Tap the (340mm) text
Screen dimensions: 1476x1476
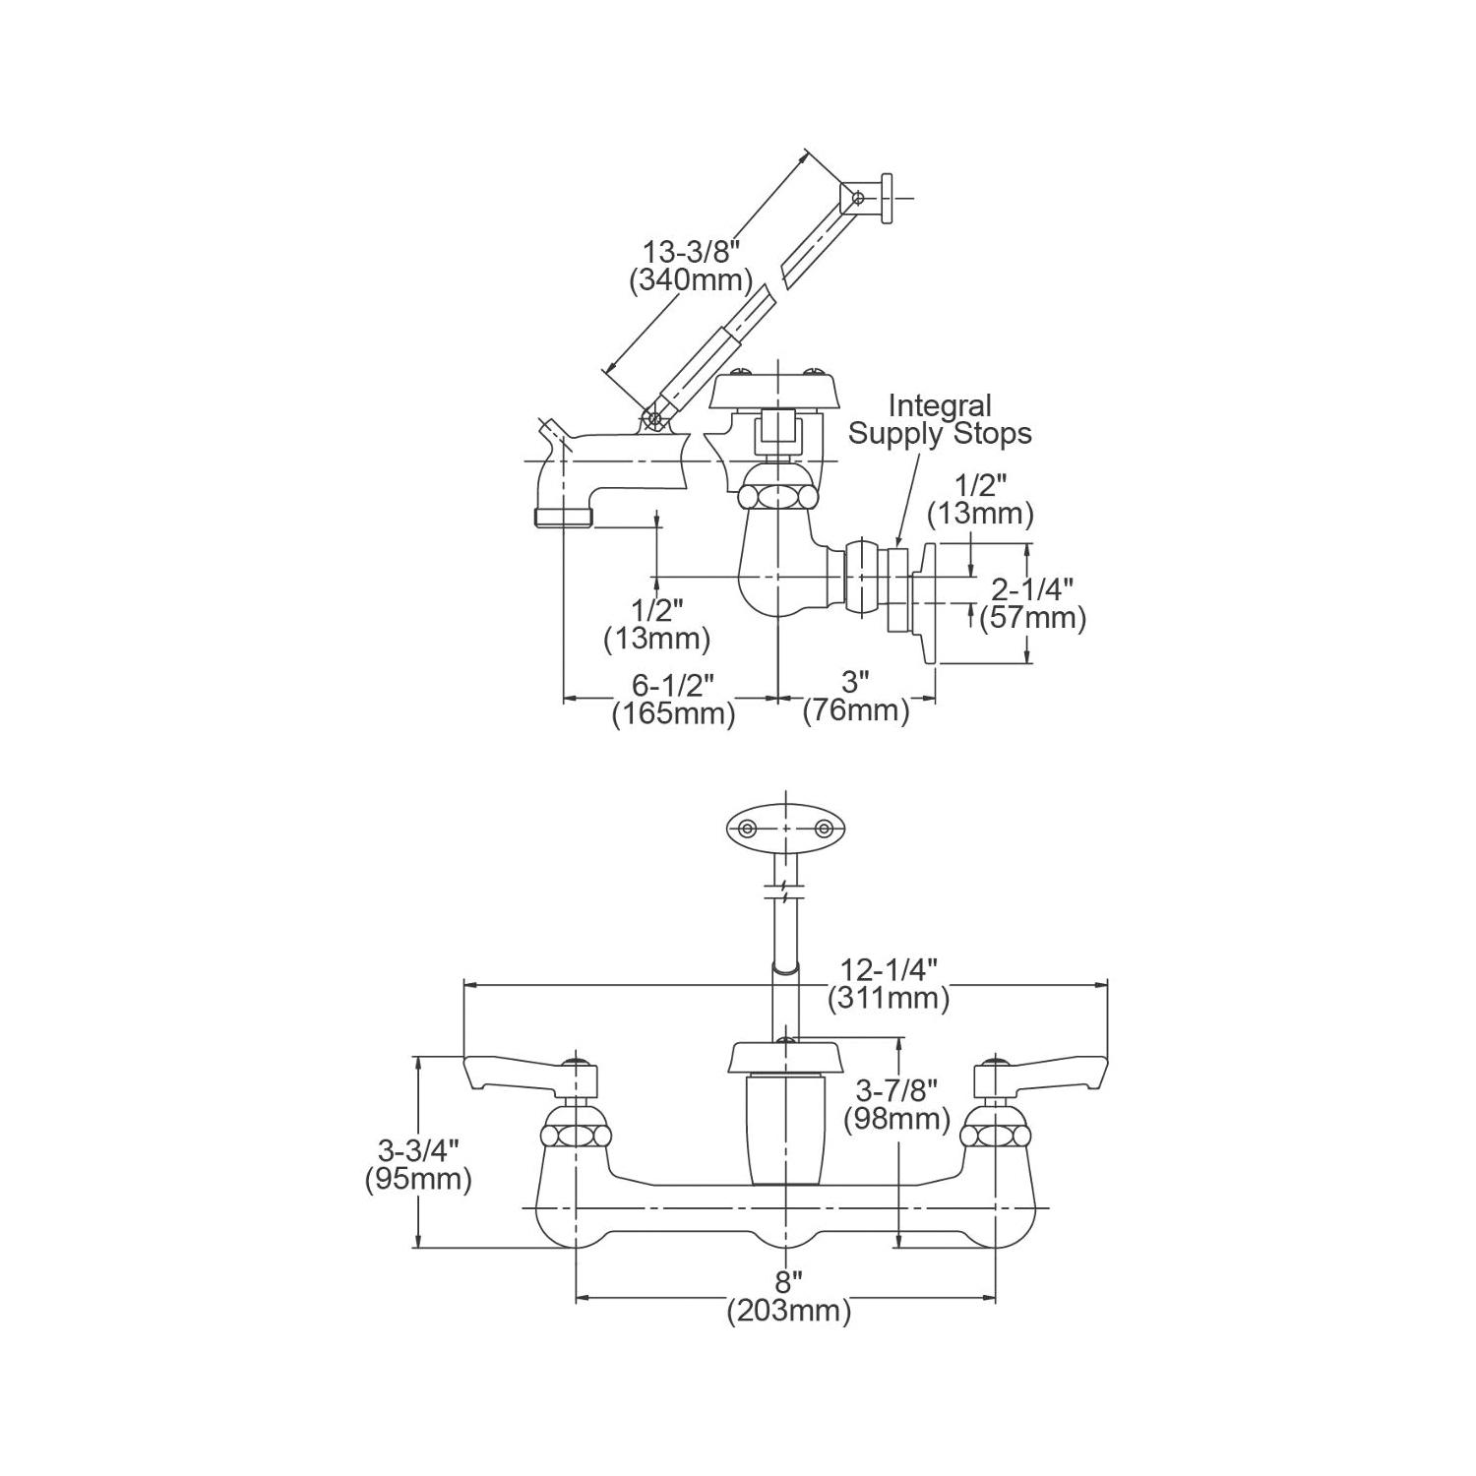point(690,280)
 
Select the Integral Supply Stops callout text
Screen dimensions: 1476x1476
point(940,419)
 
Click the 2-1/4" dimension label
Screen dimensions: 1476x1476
point(1031,589)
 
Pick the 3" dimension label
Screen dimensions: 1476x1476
point(856,682)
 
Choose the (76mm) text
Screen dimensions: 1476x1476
point(856,710)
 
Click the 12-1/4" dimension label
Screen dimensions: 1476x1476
point(889,969)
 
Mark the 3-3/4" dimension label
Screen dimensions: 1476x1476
point(419,1148)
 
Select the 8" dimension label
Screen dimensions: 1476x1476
point(787,1282)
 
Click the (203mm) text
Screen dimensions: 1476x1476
point(789,1311)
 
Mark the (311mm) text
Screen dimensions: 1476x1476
point(889,999)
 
